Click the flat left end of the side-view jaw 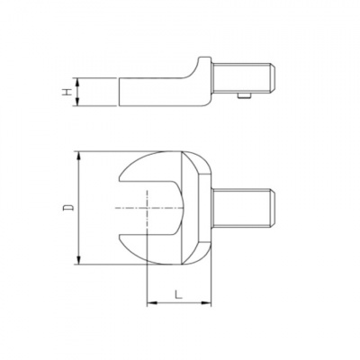(x=120, y=92)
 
